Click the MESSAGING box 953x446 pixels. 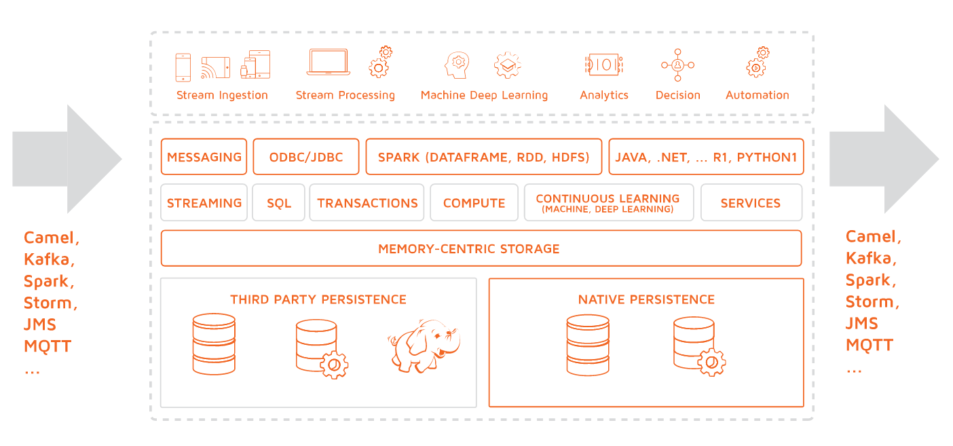[204, 157]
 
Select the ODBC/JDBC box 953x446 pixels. [306, 157]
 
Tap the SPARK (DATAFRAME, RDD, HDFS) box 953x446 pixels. [483, 157]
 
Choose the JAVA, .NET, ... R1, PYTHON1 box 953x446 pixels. [706, 157]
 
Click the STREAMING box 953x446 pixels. [204, 202]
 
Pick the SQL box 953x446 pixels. [278, 202]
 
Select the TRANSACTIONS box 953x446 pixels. [367, 202]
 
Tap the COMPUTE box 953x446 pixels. [474, 202]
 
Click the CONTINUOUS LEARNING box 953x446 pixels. [608, 202]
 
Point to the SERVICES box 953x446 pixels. [751, 202]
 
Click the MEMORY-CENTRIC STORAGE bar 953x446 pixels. [481, 248]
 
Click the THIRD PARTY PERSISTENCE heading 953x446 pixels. [318, 299]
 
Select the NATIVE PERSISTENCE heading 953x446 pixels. [646, 299]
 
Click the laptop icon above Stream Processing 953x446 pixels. [329, 62]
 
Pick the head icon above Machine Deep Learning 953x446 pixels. [457, 64]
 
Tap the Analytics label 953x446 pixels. [604, 95]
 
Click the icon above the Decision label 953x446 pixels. [677, 64]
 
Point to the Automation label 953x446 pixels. [758, 95]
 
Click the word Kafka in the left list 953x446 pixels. [49, 259]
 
